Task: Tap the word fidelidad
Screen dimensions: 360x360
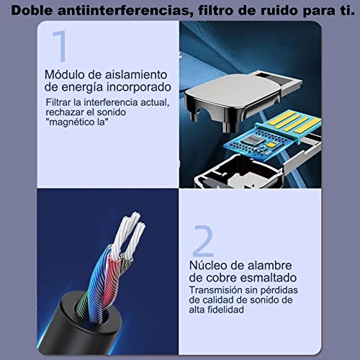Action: click(220, 309)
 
